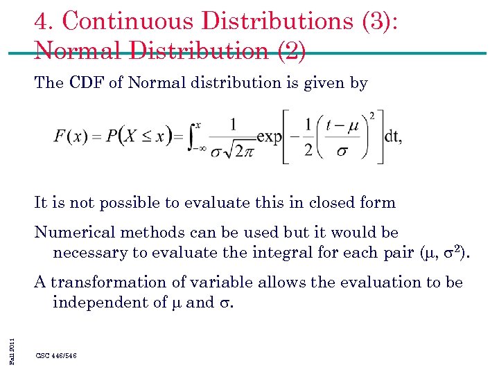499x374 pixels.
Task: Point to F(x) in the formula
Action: [69, 136]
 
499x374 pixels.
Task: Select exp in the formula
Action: [270, 136]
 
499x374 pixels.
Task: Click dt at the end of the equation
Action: [393, 136]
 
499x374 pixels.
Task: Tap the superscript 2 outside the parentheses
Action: [371, 114]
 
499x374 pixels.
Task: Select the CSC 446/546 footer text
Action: [56, 355]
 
